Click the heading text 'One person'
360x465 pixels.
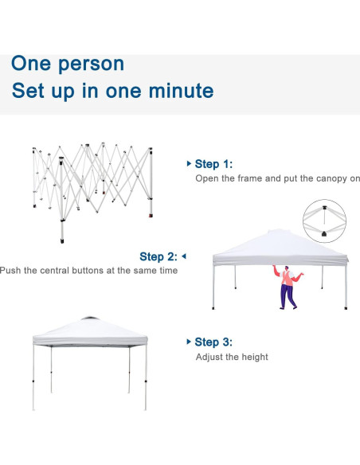(68, 64)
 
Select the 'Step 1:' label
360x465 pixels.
(213, 164)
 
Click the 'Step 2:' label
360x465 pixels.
(158, 256)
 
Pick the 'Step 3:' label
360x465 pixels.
(213, 342)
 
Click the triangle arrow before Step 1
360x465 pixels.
(189, 163)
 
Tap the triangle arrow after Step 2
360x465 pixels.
(183, 256)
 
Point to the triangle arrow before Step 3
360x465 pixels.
(189, 342)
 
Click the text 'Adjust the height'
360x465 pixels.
(232, 357)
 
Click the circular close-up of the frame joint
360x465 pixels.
(327, 221)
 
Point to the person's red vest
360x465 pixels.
(287, 277)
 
